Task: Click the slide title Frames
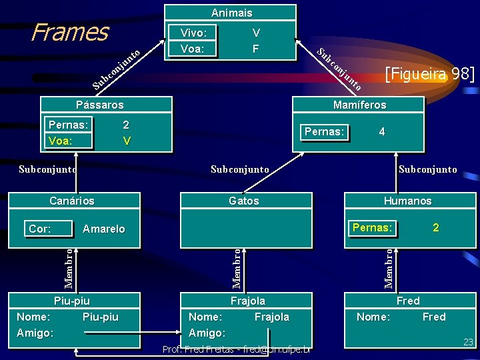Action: tap(69, 31)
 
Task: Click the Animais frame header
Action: tap(231, 13)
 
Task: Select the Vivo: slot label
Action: tap(193, 33)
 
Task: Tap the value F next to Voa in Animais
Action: tap(255, 49)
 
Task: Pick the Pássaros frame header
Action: tap(99, 105)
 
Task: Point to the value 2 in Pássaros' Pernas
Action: tap(126, 125)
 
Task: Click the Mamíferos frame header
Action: tap(359, 105)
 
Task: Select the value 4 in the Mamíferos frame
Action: tap(381, 132)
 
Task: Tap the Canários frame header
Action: tap(72, 201)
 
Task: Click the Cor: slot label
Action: tap(40, 229)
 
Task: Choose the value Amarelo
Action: tap(103, 229)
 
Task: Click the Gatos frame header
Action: tap(243, 201)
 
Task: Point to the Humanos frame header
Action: tap(407, 201)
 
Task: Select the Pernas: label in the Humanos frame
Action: tap(372, 227)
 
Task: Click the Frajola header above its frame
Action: tap(247, 301)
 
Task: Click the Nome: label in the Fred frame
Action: tap(373, 317)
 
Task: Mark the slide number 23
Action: tap(468, 342)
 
